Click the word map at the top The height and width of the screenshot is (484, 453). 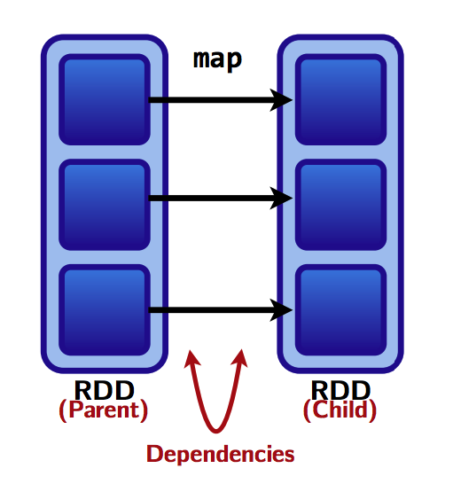coord(217,60)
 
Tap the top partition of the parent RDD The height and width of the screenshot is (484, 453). coord(105,99)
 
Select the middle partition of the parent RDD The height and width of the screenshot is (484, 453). coord(105,205)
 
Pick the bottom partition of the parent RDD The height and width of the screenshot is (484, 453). coord(105,310)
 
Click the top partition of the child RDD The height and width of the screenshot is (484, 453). coord(340,99)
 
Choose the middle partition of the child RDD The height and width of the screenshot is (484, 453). coord(340,205)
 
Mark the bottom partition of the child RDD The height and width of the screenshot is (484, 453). coord(340,310)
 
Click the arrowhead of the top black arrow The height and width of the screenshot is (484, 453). coord(281,100)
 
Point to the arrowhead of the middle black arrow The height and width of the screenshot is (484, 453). coord(281,199)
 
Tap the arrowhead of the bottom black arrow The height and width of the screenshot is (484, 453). coord(281,310)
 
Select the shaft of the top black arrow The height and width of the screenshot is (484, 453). coord(211,100)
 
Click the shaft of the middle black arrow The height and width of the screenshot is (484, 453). coord(211,199)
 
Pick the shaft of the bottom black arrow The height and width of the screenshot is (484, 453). coord(211,310)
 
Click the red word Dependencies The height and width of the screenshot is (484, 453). coord(221,455)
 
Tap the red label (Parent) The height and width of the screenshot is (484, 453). coord(104,410)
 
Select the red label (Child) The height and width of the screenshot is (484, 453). coord(340,410)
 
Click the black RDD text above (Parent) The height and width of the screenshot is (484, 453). coord(105,390)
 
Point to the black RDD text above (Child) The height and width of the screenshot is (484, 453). coord(340,390)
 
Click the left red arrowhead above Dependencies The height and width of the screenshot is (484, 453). coord(191,359)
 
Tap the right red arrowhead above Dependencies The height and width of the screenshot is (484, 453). coord(240,358)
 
